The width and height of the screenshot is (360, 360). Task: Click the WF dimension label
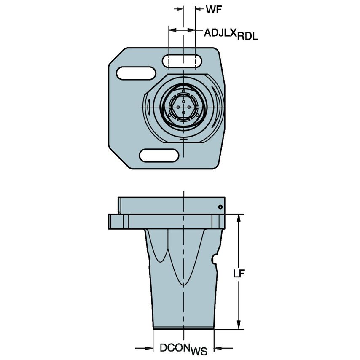pos(214,9)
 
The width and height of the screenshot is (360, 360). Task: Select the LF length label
pos(239,274)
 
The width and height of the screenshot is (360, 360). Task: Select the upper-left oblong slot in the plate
pos(136,73)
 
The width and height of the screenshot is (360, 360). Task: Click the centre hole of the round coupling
pos(183,107)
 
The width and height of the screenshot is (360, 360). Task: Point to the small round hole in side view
pos(220,207)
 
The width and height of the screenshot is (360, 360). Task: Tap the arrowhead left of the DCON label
pos(148,348)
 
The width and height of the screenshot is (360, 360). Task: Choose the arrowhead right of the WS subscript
pos(218,348)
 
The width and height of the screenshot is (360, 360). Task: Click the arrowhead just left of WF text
pos(199,8)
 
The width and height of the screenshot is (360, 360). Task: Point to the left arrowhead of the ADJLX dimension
pos(172,30)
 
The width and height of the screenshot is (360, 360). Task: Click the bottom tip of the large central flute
pos(183,285)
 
